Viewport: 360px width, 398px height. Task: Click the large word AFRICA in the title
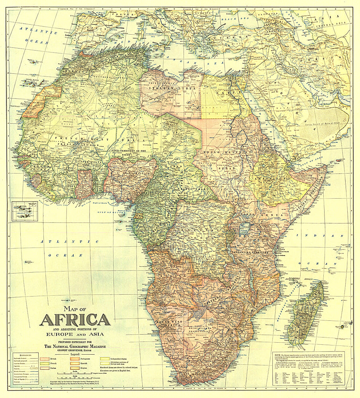(x=75, y=320)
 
